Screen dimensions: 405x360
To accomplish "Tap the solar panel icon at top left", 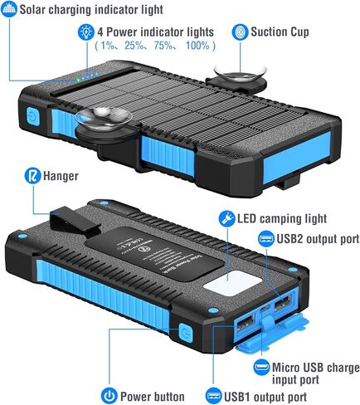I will coord(11,9).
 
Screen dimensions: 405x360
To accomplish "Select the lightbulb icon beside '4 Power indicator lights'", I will coord(86,32).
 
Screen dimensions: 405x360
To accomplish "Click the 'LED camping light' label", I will coord(280,218).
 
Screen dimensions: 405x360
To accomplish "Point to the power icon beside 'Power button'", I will coord(109,395).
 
